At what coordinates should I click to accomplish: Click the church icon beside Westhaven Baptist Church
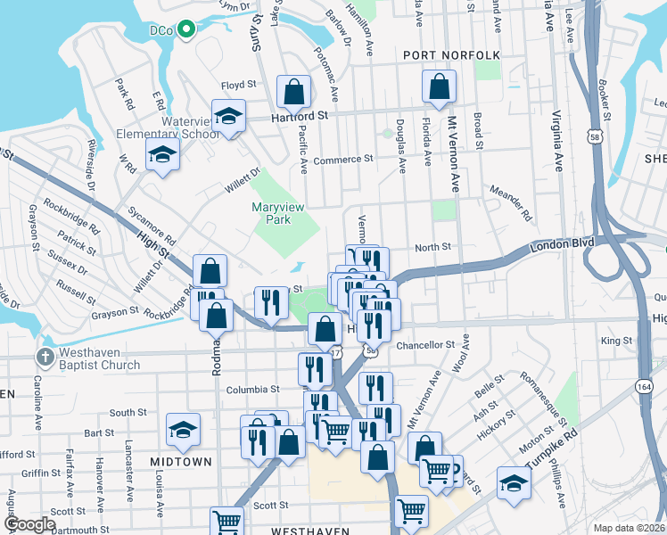(45, 358)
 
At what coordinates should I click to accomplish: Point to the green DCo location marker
(186, 29)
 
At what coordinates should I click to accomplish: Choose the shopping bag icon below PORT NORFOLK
(439, 86)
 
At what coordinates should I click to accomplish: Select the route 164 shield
(645, 387)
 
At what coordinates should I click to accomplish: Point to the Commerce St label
(342, 160)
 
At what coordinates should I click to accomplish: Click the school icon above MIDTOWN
(184, 431)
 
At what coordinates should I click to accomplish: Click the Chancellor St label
(425, 345)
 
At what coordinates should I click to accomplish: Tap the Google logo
(29, 524)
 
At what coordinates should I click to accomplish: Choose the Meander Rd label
(509, 202)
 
